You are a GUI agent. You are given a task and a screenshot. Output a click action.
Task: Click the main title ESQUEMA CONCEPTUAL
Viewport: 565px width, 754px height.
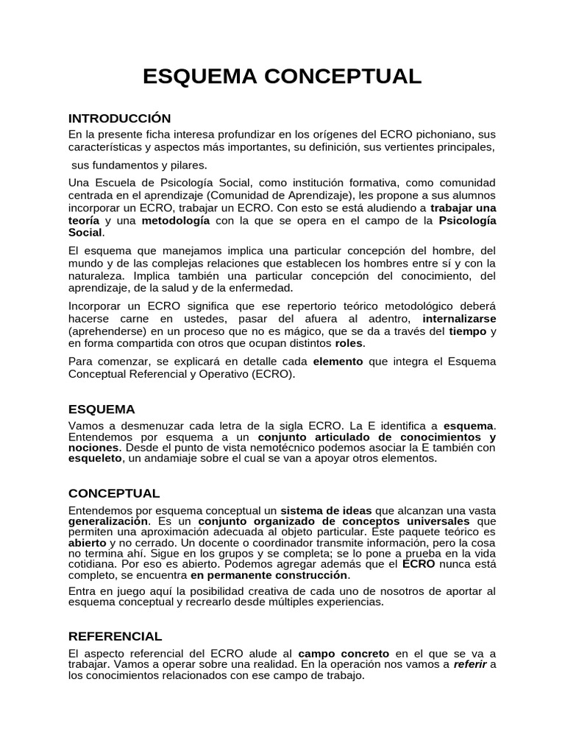pyautogui.click(x=282, y=77)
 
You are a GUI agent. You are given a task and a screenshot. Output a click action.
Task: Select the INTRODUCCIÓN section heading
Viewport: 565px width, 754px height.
pyautogui.click(x=119, y=119)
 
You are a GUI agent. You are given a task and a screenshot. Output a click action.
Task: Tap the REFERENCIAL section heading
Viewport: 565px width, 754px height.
pyautogui.click(x=115, y=636)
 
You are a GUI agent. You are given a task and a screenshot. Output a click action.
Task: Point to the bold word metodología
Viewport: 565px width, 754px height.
pyautogui.click(x=176, y=220)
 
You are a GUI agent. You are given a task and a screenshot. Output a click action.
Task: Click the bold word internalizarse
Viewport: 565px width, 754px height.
pyautogui.click(x=459, y=319)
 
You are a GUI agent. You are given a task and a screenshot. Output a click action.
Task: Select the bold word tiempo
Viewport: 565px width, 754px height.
pyautogui.click(x=467, y=331)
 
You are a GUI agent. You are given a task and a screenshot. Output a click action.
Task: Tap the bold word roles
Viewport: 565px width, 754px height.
pyautogui.click(x=349, y=343)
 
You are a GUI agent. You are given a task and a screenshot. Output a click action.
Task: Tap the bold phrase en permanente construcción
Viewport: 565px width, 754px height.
pyautogui.click(x=269, y=575)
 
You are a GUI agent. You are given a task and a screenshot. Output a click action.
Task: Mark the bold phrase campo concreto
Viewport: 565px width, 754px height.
pyautogui.click(x=344, y=653)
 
